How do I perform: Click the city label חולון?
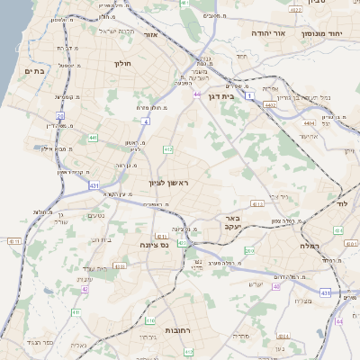coord(123,64)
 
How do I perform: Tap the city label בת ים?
coord(34,71)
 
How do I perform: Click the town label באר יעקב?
coord(233,223)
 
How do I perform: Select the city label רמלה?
coord(310,245)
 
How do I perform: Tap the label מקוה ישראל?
coord(115,31)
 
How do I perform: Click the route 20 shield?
coord(60,116)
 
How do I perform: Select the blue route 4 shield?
coord(145,120)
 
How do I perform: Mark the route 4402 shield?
coord(269,103)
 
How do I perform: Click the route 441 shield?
coord(93,138)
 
